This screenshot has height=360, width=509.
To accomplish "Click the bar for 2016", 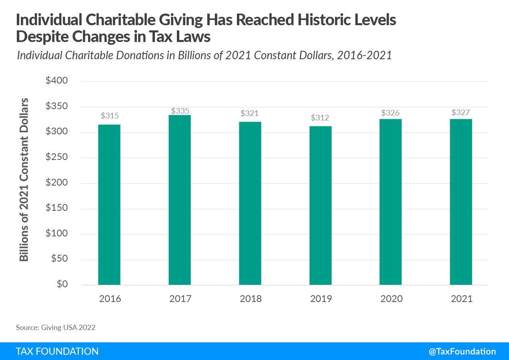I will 109,205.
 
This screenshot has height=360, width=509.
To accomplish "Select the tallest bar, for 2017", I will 180,200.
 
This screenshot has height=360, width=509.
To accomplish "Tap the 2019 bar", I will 321,206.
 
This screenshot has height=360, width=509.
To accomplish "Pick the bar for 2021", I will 461,202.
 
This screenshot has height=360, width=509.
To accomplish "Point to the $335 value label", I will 180,111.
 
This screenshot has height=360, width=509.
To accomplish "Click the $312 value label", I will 321,118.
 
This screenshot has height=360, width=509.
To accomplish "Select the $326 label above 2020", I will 391,113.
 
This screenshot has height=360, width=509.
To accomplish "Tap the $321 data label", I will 250,113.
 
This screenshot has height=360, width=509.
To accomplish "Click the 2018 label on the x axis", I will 250,299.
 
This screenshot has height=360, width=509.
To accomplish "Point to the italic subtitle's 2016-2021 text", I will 364,55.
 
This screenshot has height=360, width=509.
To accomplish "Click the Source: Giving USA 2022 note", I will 56,328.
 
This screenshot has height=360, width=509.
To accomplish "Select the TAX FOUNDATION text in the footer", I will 57,351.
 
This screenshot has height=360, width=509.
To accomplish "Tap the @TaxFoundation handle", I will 462,351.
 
